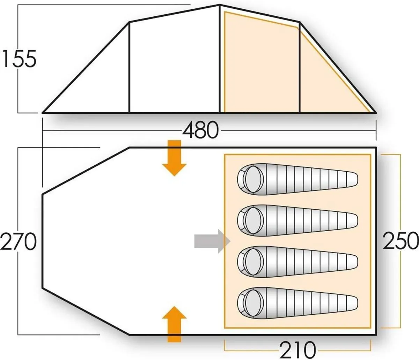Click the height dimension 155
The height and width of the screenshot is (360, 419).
pyautogui.click(x=19, y=59)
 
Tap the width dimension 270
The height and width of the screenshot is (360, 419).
pyautogui.click(x=18, y=241)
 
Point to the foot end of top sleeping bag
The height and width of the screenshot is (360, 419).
pyautogui.click(x=349, y=178)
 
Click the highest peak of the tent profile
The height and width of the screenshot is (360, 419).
pyautogui.click(x=220, y=5)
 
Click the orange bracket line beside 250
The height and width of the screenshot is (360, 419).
pyautogui.click(x=399, y=195)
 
